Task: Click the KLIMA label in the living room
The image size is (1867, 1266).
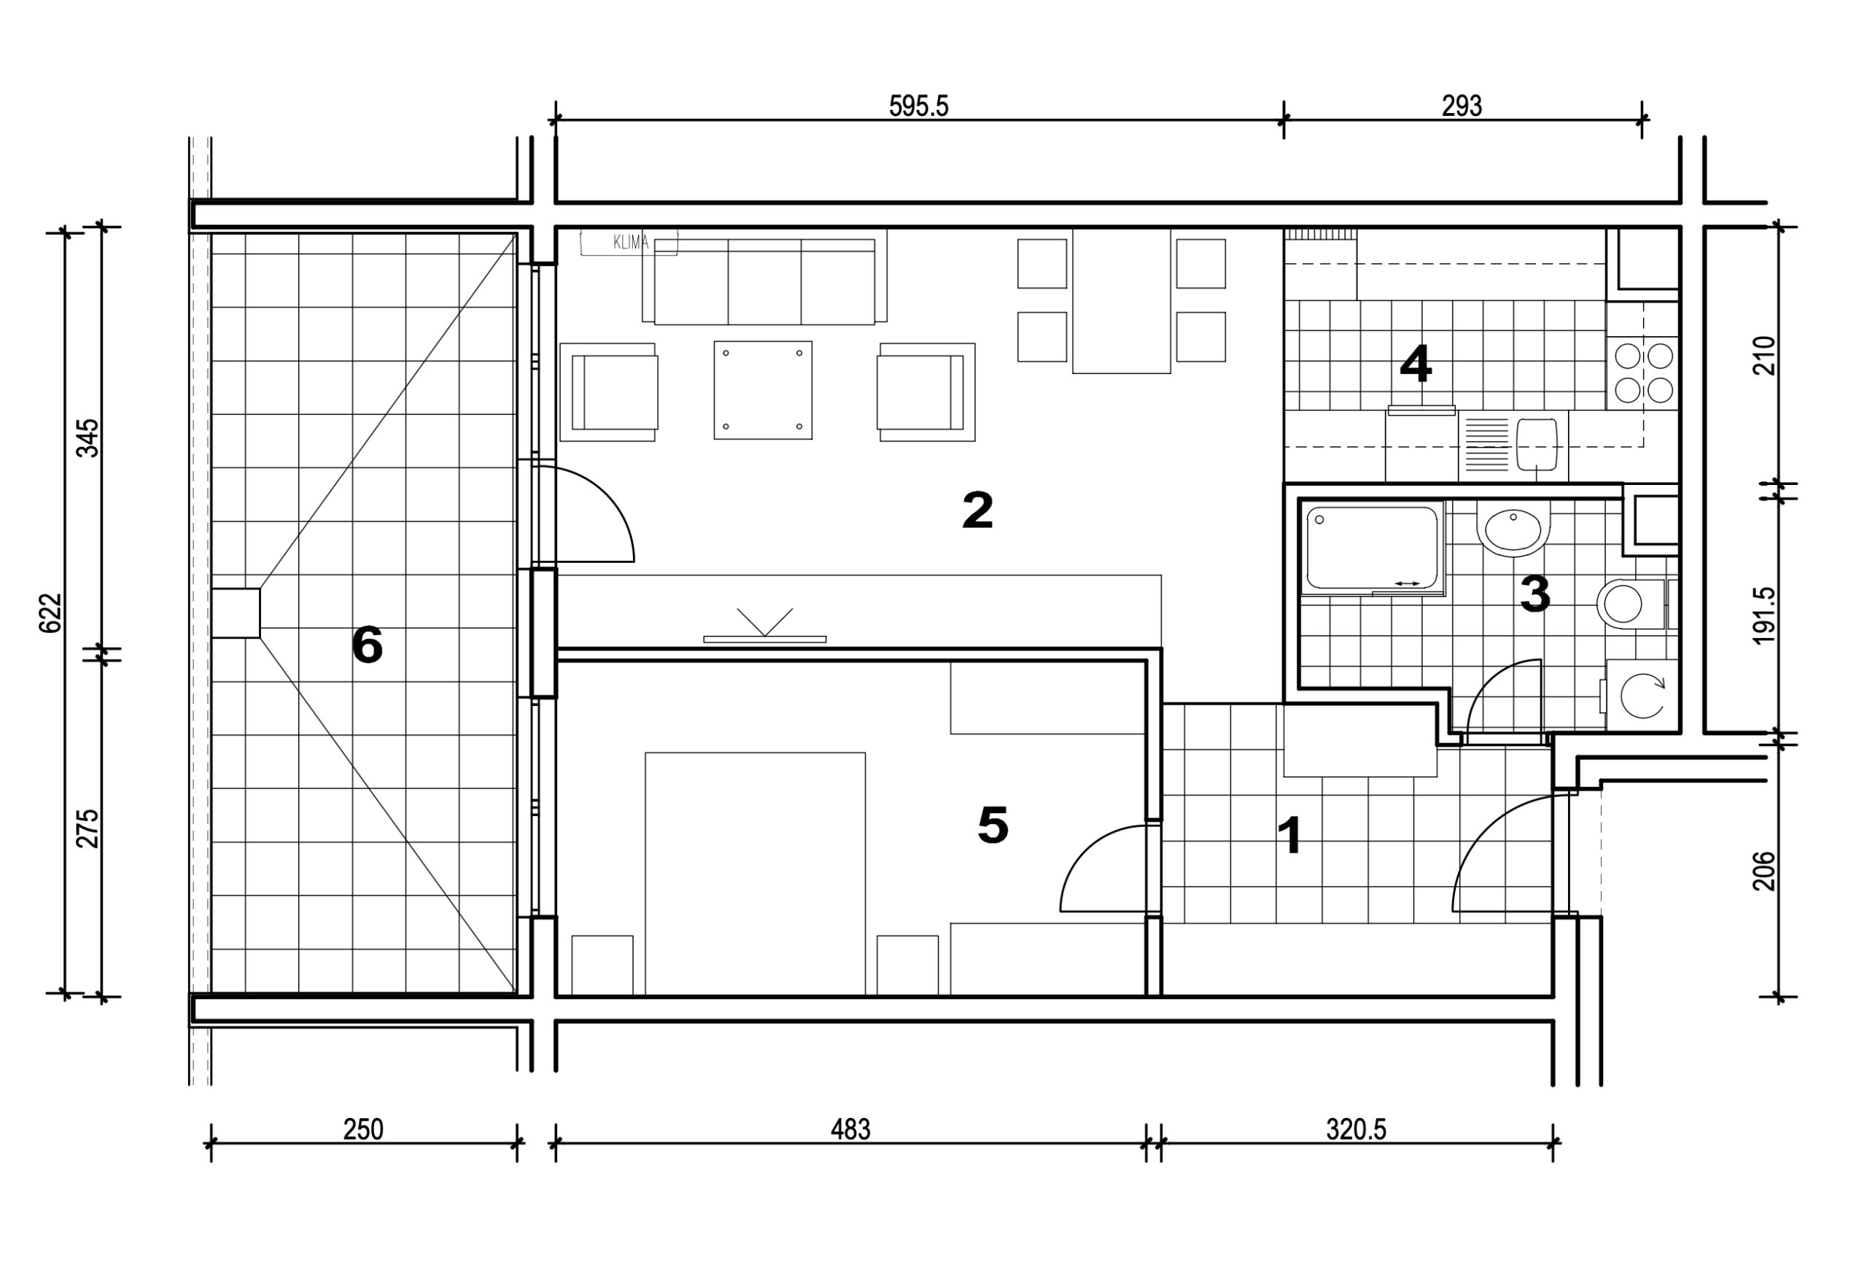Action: coord(631,243)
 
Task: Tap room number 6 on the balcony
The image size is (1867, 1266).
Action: coord(367,645)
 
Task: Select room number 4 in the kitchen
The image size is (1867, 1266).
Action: coord(1416,363)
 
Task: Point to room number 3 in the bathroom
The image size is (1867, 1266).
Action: coord(1534,594)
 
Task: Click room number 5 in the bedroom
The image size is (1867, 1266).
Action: coord(993,825)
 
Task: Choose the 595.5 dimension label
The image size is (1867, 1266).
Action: coord(919,106)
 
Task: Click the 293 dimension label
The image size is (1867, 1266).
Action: coord(1462,106)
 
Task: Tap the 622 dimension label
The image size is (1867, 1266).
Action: coord(50,613)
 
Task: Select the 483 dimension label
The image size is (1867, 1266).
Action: coord(851,1130)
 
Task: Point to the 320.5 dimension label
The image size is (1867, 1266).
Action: coord(1356,1130)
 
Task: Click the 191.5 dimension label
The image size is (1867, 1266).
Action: coord(1764,615)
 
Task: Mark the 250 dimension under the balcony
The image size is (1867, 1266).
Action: coord(363,1130)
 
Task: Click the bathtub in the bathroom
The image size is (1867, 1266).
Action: coord(1372,548)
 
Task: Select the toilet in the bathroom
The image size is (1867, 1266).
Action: coord(1631,604)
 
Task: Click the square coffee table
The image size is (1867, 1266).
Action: coord(763,390)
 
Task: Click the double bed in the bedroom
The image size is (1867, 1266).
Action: coord(755,874)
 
